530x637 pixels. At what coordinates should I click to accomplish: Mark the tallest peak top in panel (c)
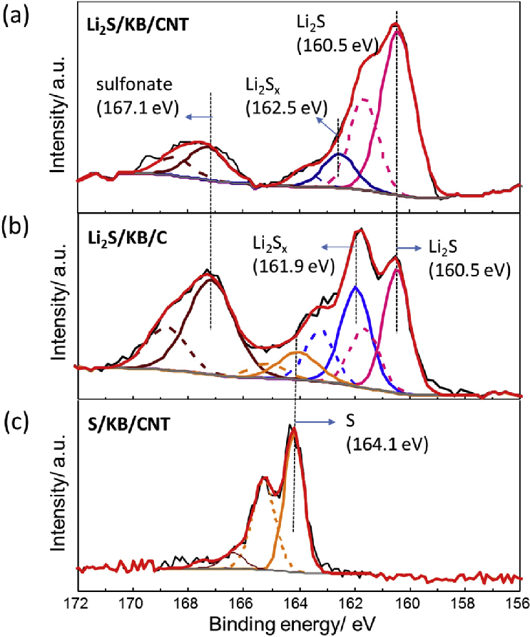click(x=292, y=428)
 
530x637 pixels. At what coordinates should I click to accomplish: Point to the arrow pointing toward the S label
click(x=314, y=423)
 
